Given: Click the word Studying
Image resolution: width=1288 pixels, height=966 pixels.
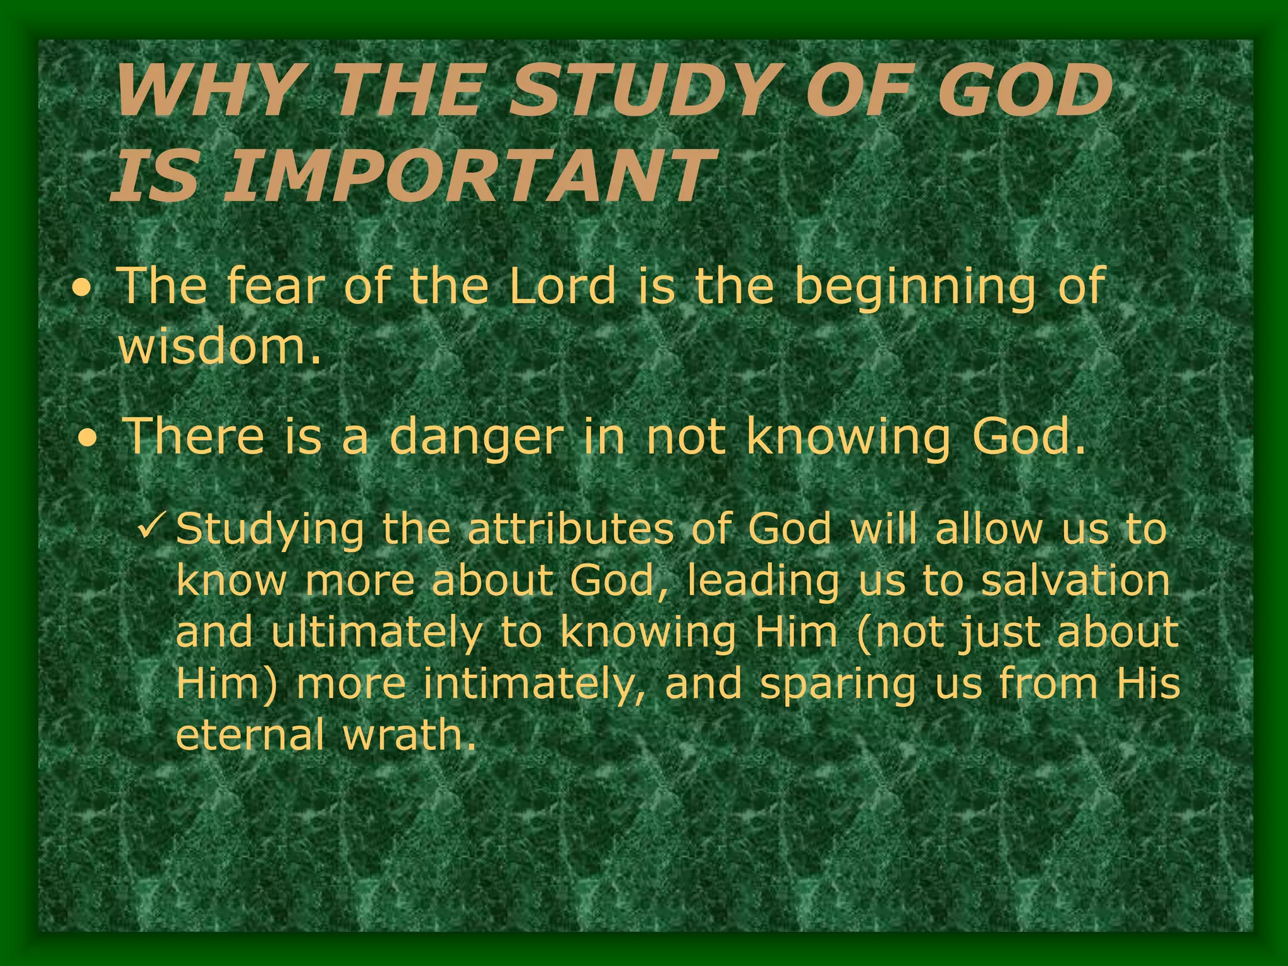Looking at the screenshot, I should click(270, 530).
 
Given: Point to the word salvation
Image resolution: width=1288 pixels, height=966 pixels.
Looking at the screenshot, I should click(1075, 580).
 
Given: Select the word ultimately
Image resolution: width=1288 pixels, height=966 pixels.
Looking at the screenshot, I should click(375, 633).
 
